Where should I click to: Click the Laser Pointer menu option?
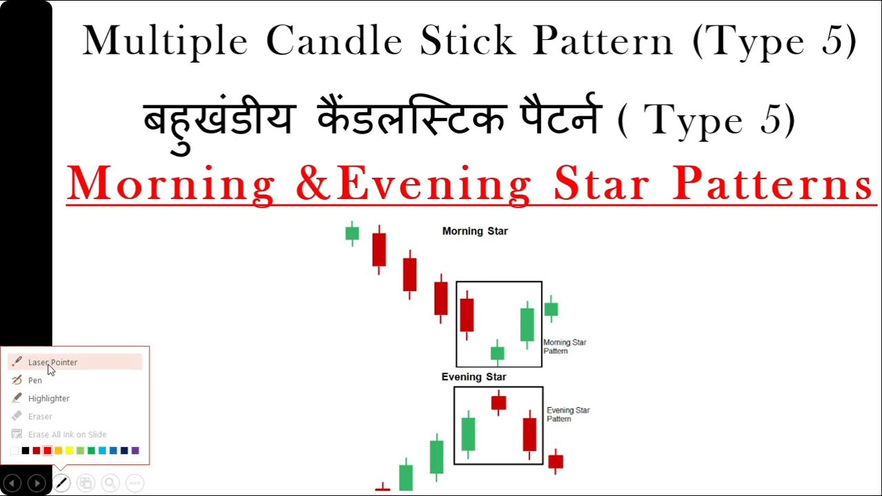pyautogui.click(x=52, y=362)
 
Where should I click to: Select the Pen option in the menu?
pyautogui.click(x=35, y=380)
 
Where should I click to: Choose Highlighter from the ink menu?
pyautogui.click(x=48, y=398)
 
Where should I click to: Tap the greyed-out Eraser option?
pyautogui.click(x=40, y=416)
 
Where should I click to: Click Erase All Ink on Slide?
pyautogui.click(x=67, y=434)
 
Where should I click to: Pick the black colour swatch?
pyautogui.click(x=25, y=451)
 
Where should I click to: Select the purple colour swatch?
pyautogui.click(x=135, y=451)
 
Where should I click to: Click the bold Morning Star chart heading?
pyautogui.click(x=475, y=231)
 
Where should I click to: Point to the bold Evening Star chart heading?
pyautogui.click(x=473, y=377)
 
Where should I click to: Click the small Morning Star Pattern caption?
pyautogui.click(x=564, y=347)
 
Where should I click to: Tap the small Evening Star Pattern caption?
pyautogui.click(x=568, y=414)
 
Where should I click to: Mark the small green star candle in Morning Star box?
pyautogui.click(x=498, y=353)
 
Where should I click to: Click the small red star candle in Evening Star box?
pyautogui.click(x=499, y=402)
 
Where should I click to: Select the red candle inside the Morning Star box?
pyautogui.click(x=466, y=314)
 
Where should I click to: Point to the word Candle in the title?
pyautogui.click(x=334, y=41)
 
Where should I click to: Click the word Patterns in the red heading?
pyautogui.click(x=772, y=185)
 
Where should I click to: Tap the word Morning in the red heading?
pyautogui.click(x=172, y=185)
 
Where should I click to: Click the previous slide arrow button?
pyautogui.click(x=12, y=484)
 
